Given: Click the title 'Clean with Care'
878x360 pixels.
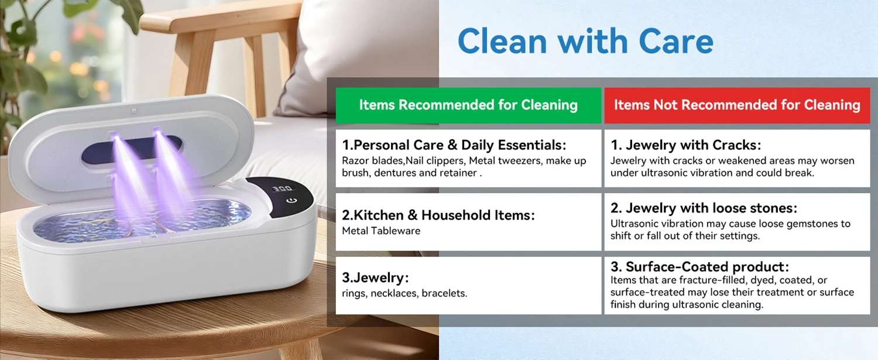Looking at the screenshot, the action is tap(585, 41).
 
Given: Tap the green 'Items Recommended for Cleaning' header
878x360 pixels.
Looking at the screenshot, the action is tap(468, 105).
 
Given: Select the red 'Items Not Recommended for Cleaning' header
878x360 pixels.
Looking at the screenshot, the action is tap(737, 105).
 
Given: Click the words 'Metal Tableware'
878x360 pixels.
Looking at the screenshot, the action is tap(381, 231).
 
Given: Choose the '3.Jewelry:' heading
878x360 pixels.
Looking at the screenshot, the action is tap(376, 277).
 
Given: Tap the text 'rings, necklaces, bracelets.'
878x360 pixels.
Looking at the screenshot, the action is tap(404, 293).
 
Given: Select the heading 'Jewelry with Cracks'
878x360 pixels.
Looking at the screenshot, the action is tap(686, 145).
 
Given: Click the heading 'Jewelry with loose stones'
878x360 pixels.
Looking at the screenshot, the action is tap(704, 208).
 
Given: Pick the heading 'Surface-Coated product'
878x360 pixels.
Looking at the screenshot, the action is tap(699, 267).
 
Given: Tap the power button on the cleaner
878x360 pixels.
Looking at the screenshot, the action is tap(291, 201).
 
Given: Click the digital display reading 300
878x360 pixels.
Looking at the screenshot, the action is tap(283, 189).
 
